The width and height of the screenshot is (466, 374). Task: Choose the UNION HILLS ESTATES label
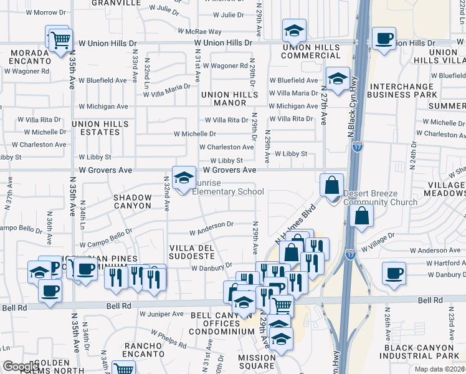(100, 128)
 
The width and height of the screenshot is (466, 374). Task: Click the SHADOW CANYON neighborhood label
(132, 201)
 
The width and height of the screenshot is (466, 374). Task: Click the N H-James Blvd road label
(295, 221)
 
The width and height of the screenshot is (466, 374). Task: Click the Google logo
(21, 367)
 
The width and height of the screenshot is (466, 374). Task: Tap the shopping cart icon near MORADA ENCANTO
(60, 41)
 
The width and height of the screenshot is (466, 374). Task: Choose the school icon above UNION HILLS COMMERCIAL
(294, 30)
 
